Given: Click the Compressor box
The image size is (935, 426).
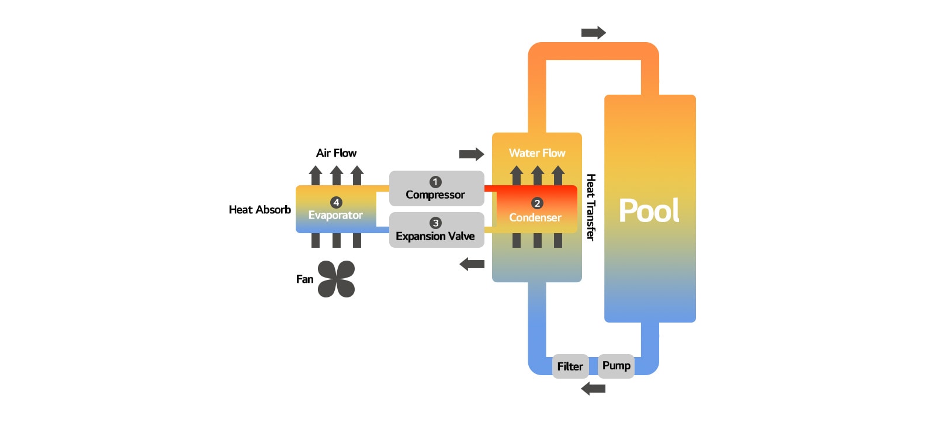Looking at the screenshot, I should (x=436, y=189).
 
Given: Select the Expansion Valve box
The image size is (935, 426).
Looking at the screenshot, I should (x=436, y=230).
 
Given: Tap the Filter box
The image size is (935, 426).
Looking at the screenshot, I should (x=570, y=366).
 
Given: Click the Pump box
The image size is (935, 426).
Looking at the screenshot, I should (x=616, y=366).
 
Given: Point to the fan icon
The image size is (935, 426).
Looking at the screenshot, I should (x=336, y=279).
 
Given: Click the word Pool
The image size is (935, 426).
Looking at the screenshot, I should (x=649, y=211).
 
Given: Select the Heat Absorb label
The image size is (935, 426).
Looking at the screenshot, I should (x=259, y=210).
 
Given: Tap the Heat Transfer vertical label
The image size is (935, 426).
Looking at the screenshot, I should (x=591, y=207).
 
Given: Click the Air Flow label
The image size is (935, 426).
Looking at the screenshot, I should (x=336, y=153).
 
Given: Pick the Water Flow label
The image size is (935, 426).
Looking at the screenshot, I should (x=536, y=153).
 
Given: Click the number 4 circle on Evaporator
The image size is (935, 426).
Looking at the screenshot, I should (x=336, y=202).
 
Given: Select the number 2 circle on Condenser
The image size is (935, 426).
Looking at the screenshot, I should (x=537, y=203).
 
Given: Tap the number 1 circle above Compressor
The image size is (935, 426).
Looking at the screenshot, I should (x=435, y=182).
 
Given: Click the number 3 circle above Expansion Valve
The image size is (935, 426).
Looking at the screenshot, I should (x=435, y=223).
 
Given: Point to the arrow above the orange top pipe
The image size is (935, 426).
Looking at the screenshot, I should (x=593, y=33).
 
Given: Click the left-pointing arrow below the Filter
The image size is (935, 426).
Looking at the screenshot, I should (x=593, y=389).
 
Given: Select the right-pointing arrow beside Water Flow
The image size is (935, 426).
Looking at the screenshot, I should (x=472, y=154).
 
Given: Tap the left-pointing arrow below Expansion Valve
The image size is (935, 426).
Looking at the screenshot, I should (x=472, y=265).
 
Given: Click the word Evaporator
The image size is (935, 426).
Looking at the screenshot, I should (x=335, y=216).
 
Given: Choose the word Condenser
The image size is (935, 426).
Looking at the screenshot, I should (x=535, y=218).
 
